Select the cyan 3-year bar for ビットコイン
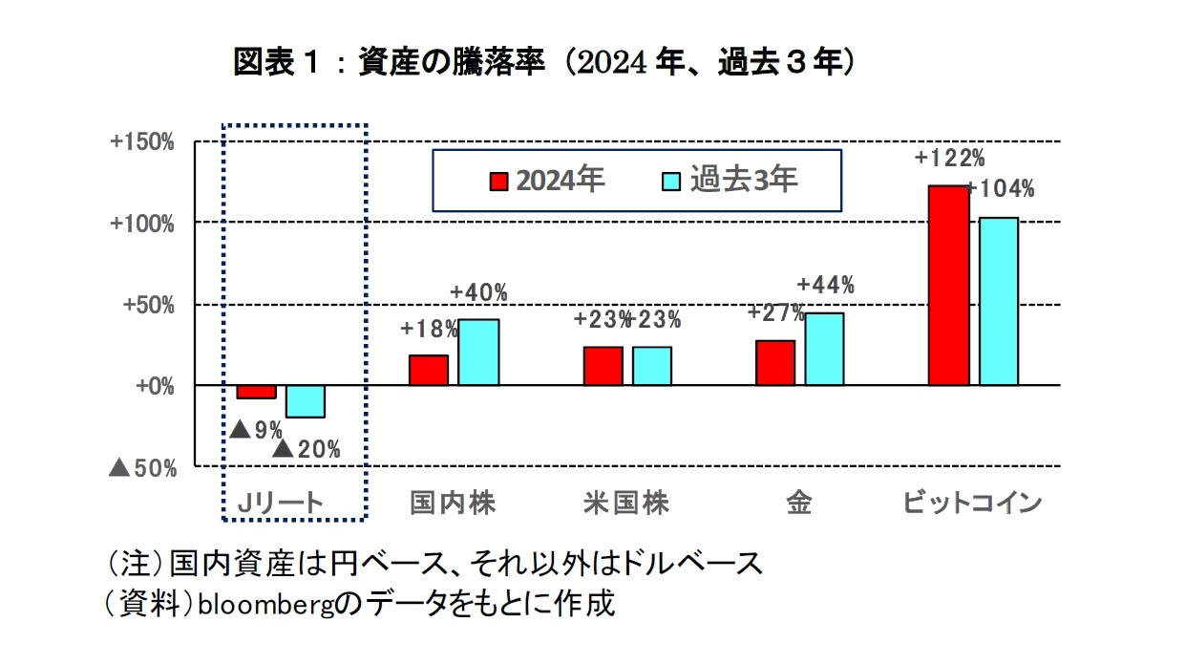point(999,301)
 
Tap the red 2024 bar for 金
point(775,362)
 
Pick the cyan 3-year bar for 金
point(824,349)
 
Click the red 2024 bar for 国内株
point(429,370)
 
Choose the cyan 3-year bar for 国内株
point(478,352)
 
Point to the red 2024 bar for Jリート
point(256,392)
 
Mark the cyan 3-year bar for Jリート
point(306,401)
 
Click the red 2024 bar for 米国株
point(603,366)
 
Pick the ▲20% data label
point(306,449)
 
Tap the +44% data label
point(825,285)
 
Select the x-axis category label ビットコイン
point(972,504)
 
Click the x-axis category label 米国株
point(626,504)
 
